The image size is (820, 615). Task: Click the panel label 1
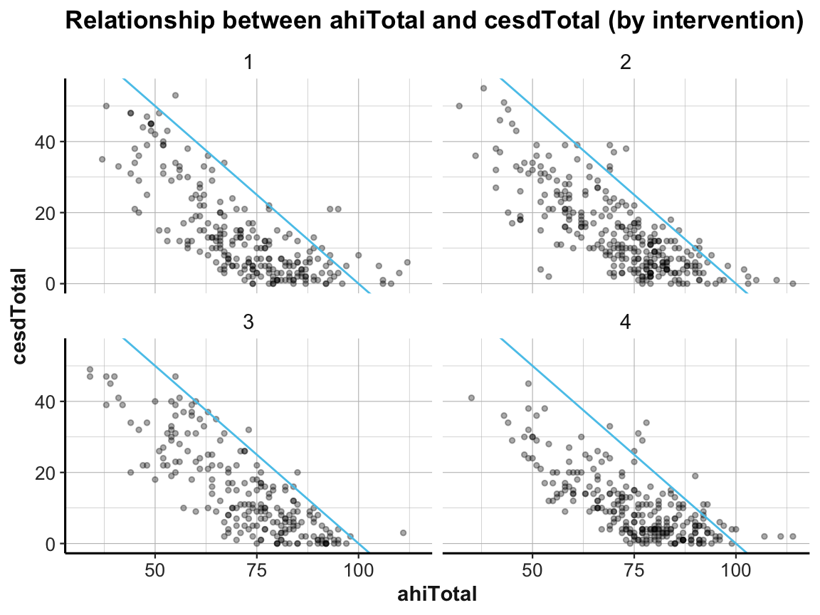[248, 63]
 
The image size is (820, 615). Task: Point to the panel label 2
[626, 63]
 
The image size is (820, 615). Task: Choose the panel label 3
[248, 322]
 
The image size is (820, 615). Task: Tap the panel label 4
[626, 322]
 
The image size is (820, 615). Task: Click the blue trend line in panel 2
[624, 182]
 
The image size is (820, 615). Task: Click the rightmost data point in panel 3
[403, 532]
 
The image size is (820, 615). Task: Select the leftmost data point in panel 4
[471, 398]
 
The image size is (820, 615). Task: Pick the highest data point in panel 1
[175, 95]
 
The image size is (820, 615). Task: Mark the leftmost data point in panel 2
[459, 106]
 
